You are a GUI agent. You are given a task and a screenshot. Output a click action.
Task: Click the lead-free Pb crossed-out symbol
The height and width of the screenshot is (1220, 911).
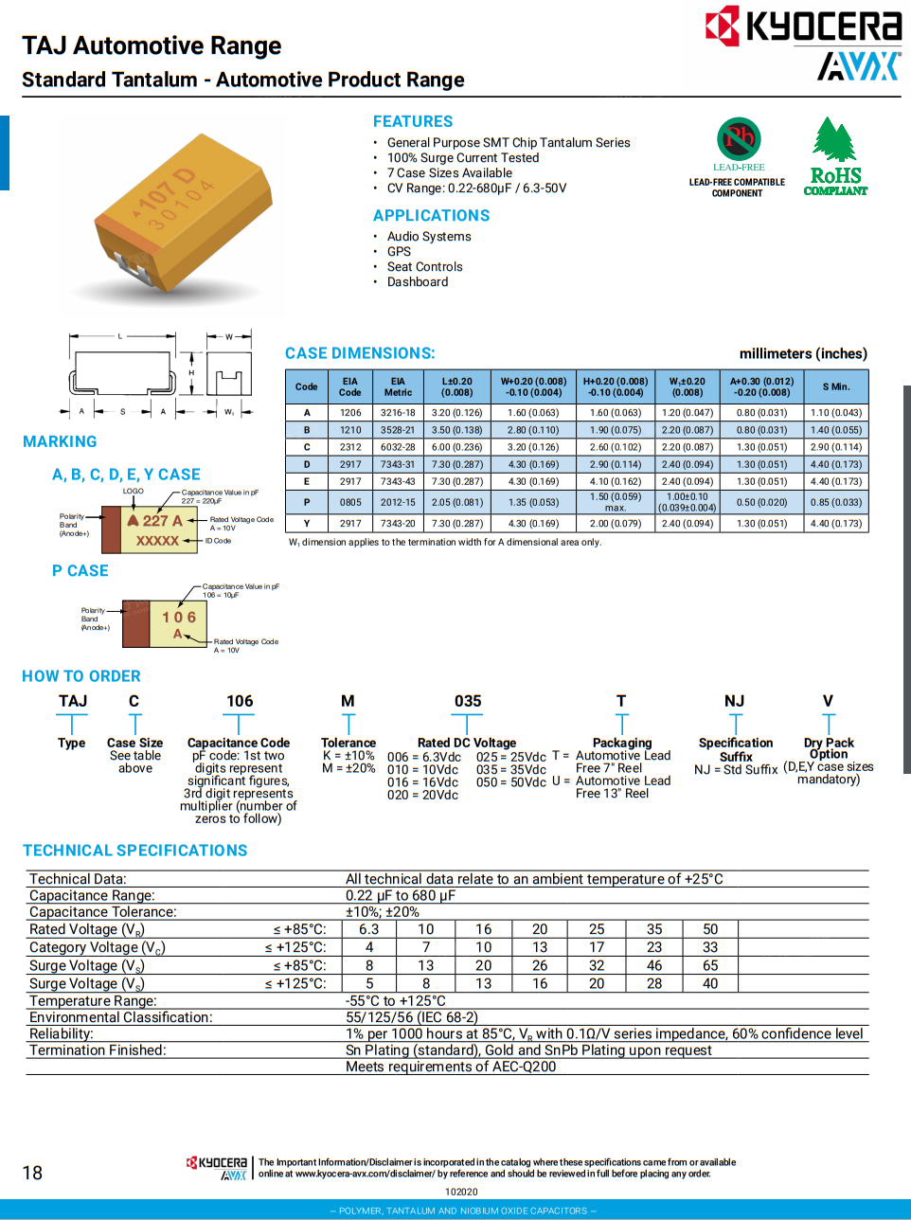click(x=739, y=139)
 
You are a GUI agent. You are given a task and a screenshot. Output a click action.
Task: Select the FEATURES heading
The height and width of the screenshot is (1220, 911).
click(x=413, y=122)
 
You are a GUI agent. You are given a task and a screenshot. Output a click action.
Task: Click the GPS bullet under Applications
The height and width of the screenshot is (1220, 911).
click(x=399, y=252)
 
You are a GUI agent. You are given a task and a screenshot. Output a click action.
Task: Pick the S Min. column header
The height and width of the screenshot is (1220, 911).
click(x=836, y=387)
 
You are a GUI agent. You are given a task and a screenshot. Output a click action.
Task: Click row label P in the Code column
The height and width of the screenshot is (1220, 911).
click(x=307, y=503)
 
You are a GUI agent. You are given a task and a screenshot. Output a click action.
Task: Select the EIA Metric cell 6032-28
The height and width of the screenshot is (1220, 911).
click(x=398, y=447)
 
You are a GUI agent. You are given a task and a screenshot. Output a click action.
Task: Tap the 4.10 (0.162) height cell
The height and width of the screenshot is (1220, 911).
click(x=615, y=482)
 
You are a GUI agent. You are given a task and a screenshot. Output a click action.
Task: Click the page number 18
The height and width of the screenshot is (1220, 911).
click(x=32, y=1174)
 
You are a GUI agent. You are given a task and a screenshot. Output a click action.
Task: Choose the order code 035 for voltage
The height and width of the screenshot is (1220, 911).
click(x=468, y=702)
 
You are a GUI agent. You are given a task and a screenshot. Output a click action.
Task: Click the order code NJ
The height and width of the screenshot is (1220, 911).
click(x=735, y=702)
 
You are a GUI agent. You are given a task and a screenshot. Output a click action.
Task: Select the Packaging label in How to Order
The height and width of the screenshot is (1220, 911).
click(x=622, y=744)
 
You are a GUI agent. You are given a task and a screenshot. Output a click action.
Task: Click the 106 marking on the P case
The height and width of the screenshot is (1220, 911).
click(x=179, y=618)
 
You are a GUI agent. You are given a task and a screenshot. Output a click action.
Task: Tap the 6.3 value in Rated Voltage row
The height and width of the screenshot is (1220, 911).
click(x=369, y=930)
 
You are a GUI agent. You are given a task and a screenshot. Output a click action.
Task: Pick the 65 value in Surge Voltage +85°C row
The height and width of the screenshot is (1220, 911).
click(x=710, y=966)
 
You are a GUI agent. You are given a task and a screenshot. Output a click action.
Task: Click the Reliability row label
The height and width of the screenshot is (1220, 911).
click(x=62, y=1034)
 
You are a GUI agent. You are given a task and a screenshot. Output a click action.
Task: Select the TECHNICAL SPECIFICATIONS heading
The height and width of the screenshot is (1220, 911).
click(x=135, y=851)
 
